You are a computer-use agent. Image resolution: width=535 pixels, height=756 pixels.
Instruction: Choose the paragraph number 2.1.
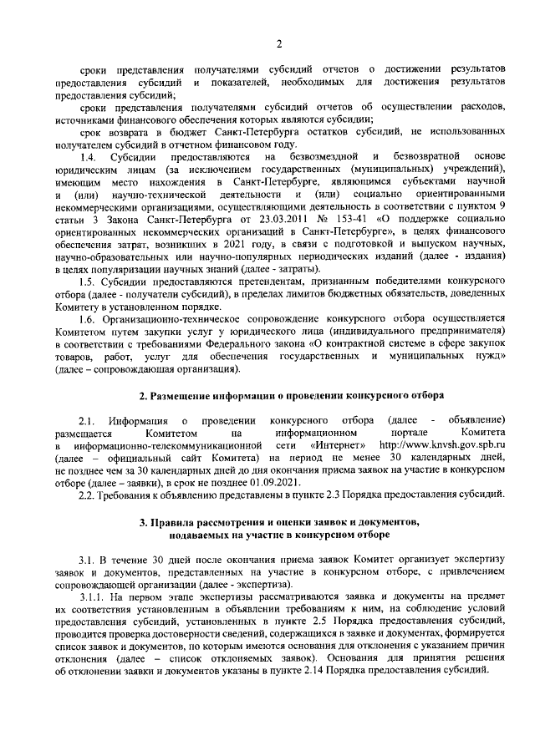(89, 419)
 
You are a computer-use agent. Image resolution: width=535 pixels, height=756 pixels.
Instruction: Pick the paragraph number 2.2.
(89, 496)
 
